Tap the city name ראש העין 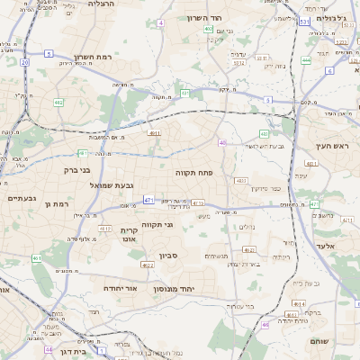point(331,146)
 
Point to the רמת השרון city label point(93,56)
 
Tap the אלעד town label point(325,245)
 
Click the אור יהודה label point(119,288)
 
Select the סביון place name point(169,256)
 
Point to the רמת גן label point(56,205)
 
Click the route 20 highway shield point(24,63)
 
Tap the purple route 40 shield point(222,142)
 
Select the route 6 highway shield point(329,70)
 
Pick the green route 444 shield point(306,60)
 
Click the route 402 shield point(208,29)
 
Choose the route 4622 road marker point(148,265)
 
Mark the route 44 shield point(49,349)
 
